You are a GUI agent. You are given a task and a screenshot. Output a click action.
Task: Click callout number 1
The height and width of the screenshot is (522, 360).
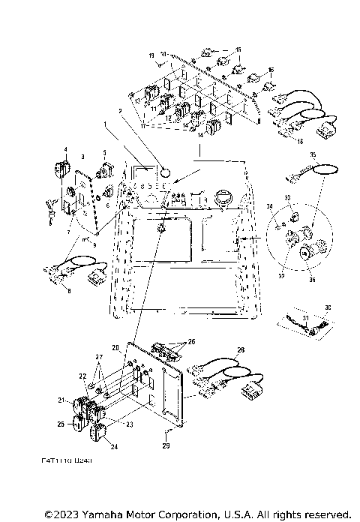106,122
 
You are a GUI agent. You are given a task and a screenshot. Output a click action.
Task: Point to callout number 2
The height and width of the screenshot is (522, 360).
119,110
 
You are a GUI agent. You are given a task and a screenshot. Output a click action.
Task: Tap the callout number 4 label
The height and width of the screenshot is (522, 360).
66,149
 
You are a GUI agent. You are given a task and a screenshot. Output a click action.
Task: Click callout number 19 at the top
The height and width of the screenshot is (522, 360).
151,56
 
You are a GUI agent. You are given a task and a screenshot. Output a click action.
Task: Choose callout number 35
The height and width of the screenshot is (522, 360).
313,154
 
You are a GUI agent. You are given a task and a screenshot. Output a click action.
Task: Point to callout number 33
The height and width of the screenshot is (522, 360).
286,196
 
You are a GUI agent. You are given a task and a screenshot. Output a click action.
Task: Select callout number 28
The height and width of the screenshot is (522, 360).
241,349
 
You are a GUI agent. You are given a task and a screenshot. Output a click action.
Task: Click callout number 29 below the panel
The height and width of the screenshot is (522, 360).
166,446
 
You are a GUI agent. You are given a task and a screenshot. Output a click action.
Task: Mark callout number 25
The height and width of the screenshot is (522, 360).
61,424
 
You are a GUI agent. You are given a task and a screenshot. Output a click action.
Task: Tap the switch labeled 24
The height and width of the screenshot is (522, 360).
98,433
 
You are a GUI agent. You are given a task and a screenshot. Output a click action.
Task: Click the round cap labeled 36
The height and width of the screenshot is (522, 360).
305,253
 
